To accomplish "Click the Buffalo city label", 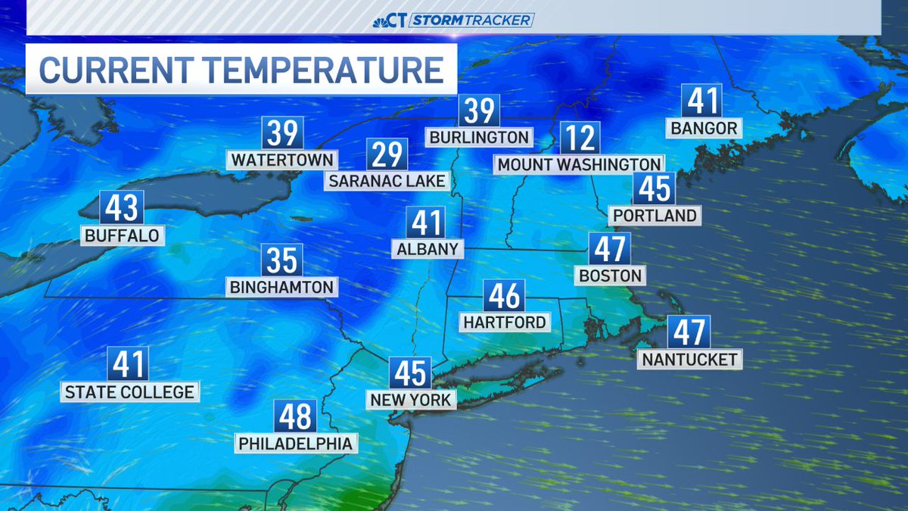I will click(123, 235).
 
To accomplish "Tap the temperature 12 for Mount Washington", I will click(580, 139).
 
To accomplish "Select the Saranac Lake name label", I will click(387, 181).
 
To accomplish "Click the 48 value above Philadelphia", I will click(296, 417).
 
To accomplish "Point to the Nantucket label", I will click(689, 359).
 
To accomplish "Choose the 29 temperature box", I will click(387, 154).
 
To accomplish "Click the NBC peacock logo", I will click(390, 20).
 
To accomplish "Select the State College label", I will click(129, 391).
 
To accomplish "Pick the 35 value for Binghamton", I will click(282, 260).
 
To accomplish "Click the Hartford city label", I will click(505, 322).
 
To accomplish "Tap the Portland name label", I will click(655, 215).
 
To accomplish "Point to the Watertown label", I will click(282, 160).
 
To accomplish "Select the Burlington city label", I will click(478, 137).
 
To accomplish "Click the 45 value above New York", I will click(410, 373).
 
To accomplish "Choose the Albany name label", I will click(428, 249).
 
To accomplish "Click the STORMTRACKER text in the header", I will click(471, 20).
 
